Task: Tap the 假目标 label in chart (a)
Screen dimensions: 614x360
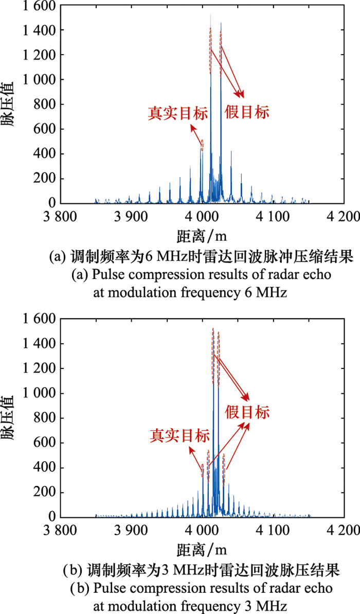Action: [x=247, y=113]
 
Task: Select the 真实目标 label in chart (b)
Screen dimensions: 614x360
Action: [x=179, y=435]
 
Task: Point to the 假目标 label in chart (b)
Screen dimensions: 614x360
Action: [x=247, y=412]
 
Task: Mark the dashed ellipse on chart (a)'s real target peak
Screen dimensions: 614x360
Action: [x=202, y=145]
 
